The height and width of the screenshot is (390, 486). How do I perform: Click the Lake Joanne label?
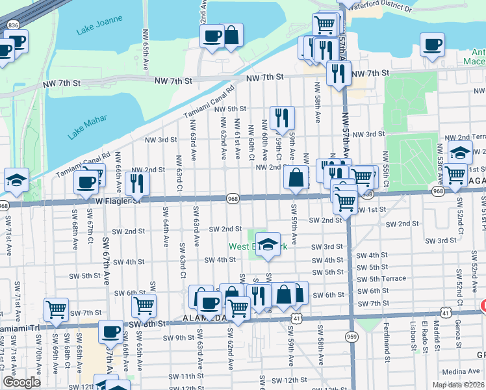[95, 30]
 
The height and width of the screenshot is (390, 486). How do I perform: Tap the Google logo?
[22, 382]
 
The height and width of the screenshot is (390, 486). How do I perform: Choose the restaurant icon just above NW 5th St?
[282, 118]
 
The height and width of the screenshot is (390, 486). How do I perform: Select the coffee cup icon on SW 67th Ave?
[110, 331]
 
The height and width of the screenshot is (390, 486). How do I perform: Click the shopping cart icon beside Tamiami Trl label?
[57, 309]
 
